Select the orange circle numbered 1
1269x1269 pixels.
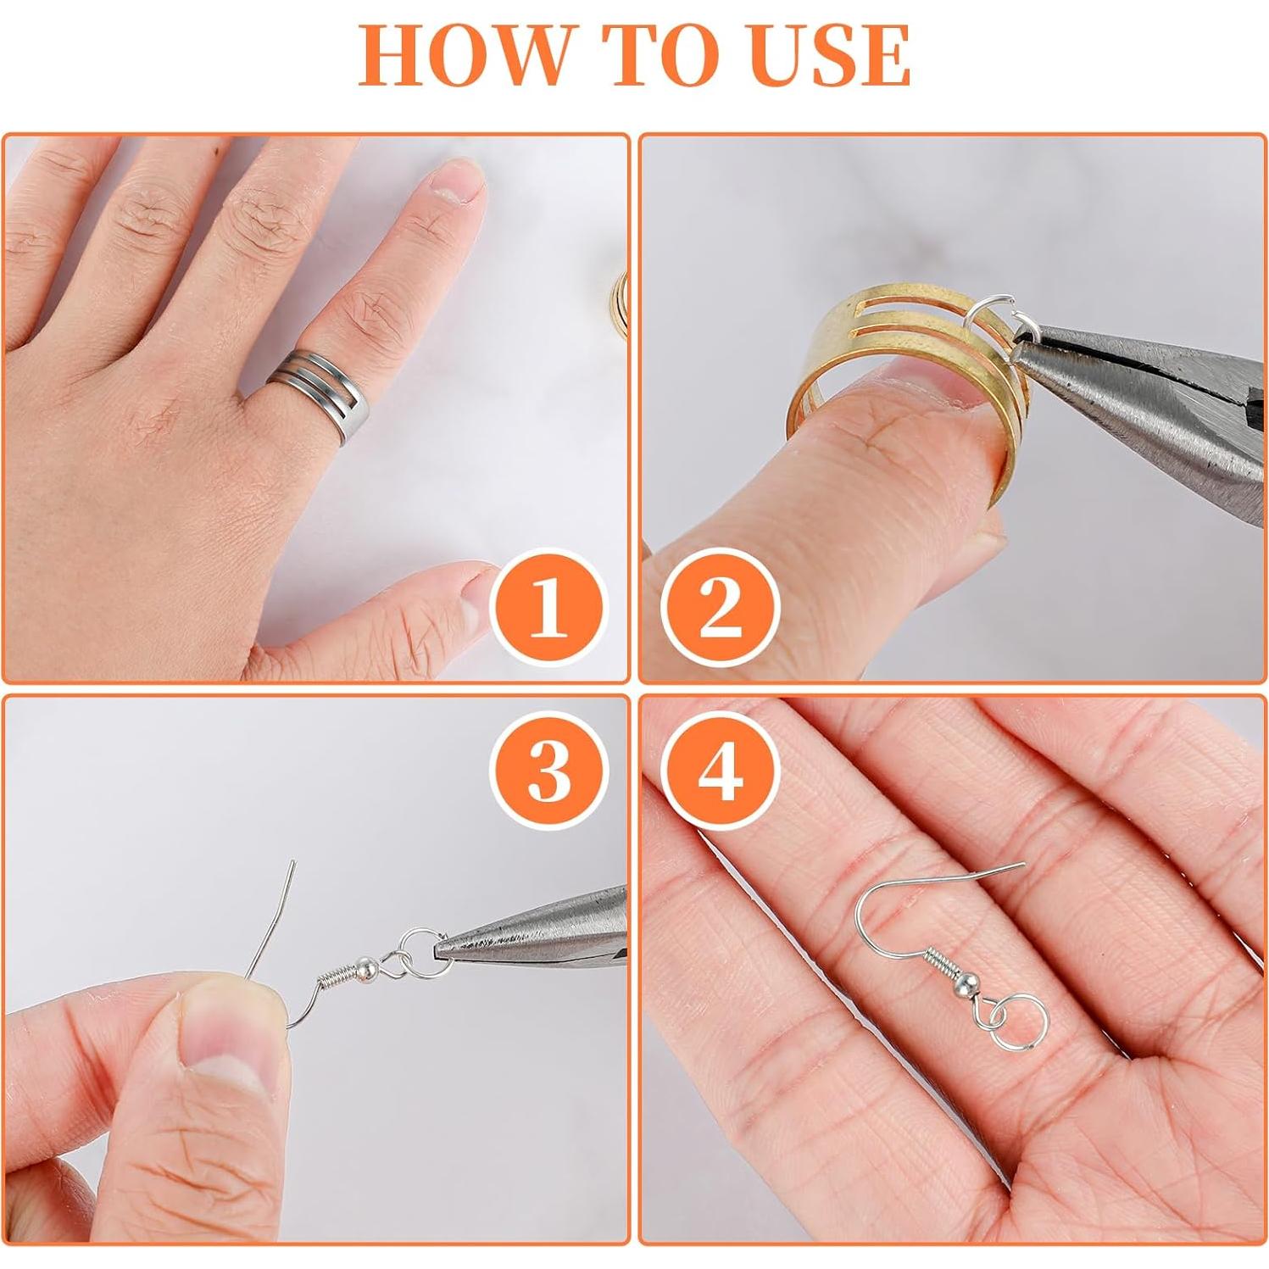pyautogui.click(x=548, y=607)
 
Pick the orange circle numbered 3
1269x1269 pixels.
pyautogui.click(x=548, y=769)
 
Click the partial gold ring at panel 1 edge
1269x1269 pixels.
pyautogui.click(x=621, y=292)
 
